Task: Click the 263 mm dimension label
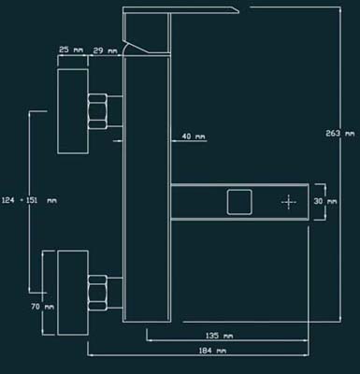340,134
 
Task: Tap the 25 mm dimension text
71,50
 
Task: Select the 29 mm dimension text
105,50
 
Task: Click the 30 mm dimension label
325,201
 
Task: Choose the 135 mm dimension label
219,336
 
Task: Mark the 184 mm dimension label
212,351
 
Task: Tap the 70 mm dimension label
42,307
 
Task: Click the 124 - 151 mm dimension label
29,200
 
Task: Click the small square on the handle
239,202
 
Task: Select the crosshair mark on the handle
289,202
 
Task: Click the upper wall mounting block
73,111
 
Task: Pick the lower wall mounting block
73,293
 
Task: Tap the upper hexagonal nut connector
97,111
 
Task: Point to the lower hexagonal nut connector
97,293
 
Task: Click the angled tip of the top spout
238,12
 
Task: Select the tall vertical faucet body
147,189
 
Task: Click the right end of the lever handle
309,202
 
